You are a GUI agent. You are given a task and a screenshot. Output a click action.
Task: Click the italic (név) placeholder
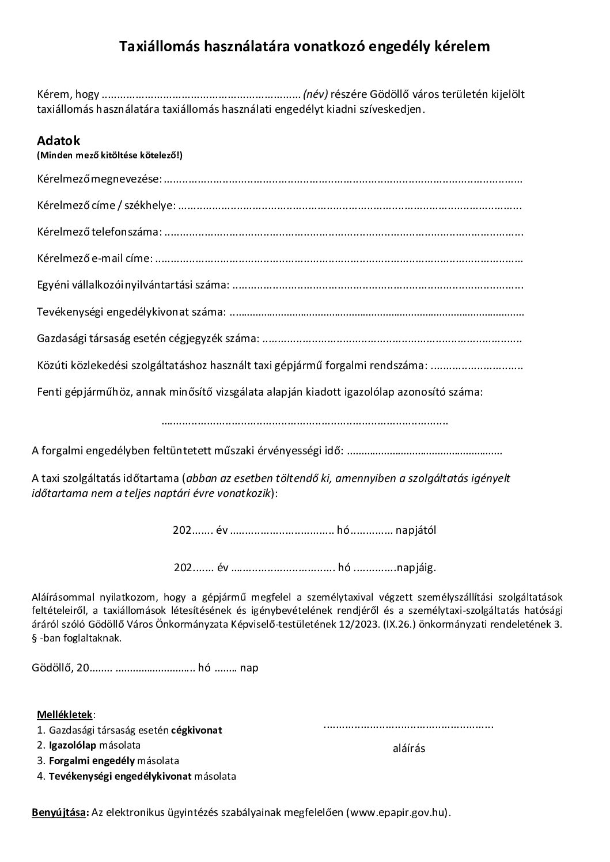(315, 94)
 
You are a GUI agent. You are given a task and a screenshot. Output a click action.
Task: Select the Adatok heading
(59, 140)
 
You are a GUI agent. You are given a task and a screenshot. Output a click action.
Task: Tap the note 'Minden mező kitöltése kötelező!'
(109, 155)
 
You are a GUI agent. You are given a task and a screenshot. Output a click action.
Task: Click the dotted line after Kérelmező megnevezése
(343, 180)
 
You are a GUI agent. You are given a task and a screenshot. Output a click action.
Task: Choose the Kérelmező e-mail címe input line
(339, 259)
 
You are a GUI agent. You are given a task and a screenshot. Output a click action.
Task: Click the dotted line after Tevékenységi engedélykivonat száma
(377, 313)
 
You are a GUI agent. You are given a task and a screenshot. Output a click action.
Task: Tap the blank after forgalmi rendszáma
(477, 366)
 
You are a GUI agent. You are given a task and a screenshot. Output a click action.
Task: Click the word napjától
(416, 530)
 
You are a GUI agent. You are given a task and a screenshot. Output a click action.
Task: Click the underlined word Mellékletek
(65, 715)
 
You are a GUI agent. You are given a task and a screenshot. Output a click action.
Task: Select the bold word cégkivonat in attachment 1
(196, 730)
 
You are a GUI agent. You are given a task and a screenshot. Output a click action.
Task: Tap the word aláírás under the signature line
(408, 749)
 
